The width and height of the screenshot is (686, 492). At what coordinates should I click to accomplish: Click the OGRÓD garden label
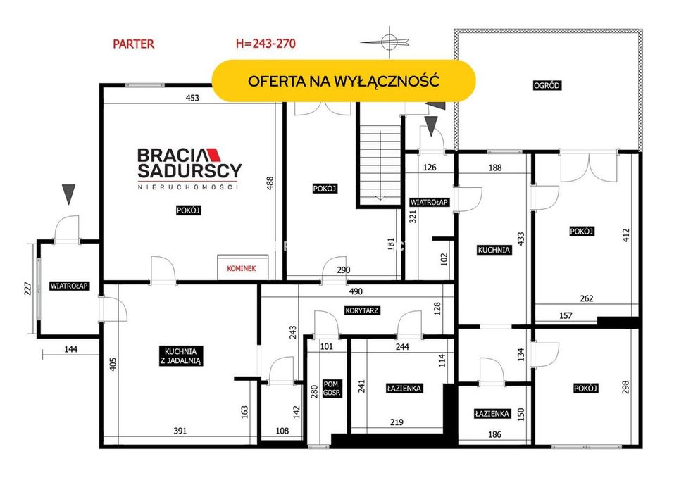pos(547,85)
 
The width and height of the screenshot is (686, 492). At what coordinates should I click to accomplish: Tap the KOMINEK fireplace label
pos(241,268)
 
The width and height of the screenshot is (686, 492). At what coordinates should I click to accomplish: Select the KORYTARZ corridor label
pos(361,310)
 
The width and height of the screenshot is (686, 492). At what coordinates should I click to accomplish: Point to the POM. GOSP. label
pos(331,389)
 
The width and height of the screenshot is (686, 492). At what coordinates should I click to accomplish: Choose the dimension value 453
pos(192,98)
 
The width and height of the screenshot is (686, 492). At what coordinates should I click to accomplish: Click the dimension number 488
pos(270,183)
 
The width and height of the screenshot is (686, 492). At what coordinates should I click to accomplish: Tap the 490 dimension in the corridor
pos(356,291)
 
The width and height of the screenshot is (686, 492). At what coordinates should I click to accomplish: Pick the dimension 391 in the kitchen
pos(180,431)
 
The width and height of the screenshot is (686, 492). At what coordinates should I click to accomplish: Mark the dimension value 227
pos(27,289)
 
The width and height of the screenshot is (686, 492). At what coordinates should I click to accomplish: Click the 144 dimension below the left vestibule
pos(71,349)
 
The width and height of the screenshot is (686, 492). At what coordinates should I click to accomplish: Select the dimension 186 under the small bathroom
pos(494,434)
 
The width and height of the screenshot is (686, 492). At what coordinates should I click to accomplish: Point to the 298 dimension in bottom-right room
pos(625,387)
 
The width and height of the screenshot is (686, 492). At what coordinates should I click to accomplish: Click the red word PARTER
pos(133,44)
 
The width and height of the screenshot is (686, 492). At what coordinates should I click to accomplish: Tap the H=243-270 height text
pos(266,44)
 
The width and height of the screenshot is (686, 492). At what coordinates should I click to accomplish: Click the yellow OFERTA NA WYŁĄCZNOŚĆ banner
pos(344,81)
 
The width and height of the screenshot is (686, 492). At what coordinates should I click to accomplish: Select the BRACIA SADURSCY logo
pos(189,168)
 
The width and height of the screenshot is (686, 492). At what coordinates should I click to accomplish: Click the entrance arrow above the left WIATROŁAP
pos(68,194)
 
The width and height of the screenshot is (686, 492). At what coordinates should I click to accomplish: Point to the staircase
pos(380,166)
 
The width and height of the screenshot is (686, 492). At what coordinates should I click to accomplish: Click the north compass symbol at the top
pos(387,42)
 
